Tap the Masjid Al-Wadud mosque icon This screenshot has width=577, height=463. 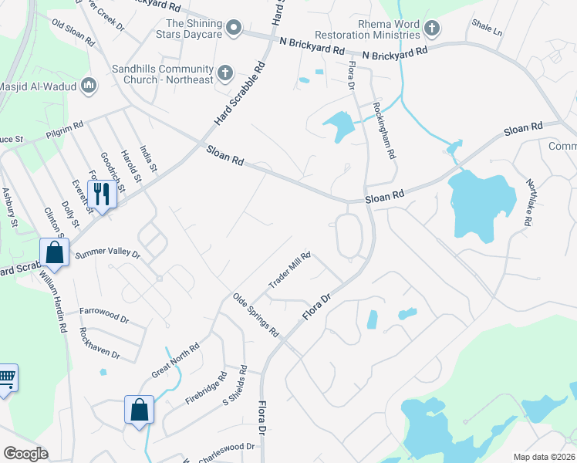(88, 85)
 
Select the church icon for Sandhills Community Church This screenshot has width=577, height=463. (225, 74)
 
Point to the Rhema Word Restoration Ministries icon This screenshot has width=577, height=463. (432, 29)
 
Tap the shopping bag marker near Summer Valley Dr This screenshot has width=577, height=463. (54, 252)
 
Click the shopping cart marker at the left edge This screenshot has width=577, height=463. (6, 378)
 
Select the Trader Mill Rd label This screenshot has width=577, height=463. (289, 270)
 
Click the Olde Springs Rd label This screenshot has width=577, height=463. (255, 315)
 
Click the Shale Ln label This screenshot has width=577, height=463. (486, 29)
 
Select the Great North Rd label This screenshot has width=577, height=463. (175, 360)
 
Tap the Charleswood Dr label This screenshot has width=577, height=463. (225, 447)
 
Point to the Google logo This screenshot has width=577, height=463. (25, 454)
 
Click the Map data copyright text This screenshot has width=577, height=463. (543, 457)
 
